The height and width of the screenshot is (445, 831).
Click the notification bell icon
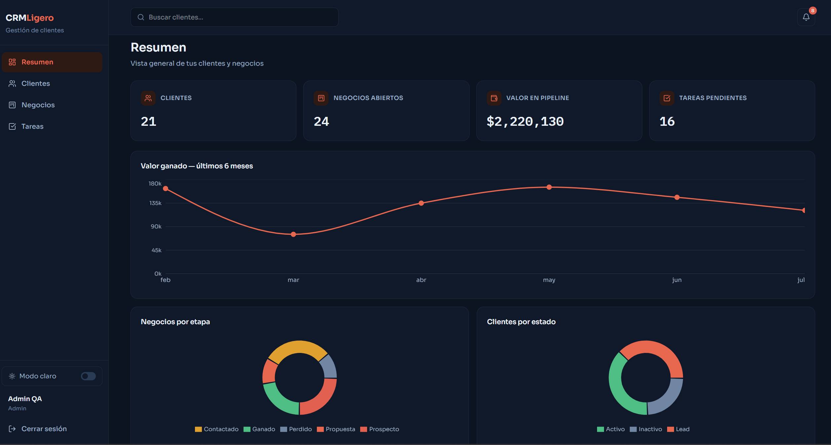click(x=806, y=17)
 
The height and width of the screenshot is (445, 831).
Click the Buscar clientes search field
click(x=234, y=17)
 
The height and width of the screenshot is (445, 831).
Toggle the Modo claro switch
click(x=88, y=376)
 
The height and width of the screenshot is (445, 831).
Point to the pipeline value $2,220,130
click(x=525, y=121)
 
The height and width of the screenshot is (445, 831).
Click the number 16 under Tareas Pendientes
click(x=667, y=121)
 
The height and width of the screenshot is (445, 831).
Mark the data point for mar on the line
click(x=293, y=234)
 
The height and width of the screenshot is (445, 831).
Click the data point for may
click(x=549, y=187)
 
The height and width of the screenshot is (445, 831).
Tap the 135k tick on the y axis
click(x=155, y=203)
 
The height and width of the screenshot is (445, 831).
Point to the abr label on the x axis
click(x=421, y=280)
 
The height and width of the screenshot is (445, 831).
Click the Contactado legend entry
click(x=217, y=429)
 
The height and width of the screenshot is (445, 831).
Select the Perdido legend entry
click(x=296, y=429)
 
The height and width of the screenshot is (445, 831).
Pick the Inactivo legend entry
click(x=646, y=429)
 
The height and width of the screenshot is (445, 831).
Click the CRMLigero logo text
click(x=30, y=18)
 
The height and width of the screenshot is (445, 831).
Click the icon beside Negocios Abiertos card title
click(x=321, y=98)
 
